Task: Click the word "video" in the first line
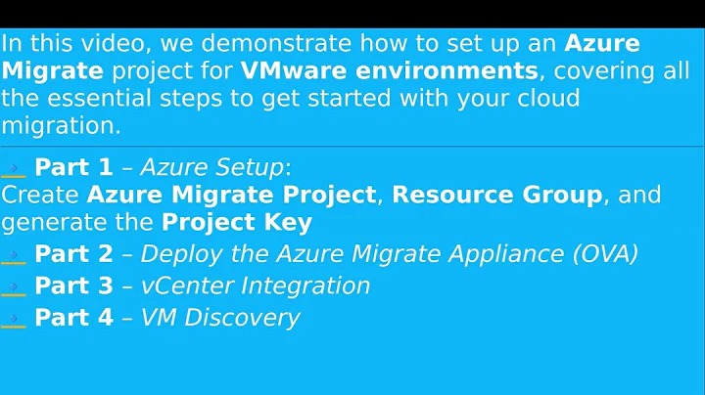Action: pyautogui.click(x=100, y=44)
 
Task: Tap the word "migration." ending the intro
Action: pyautogui.click(x=61, y=127)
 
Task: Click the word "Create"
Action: pyautogui.click(x=40, y=195)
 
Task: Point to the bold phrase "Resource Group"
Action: pyautogui.click(x=496, y=195)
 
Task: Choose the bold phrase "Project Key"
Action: pyautogui.click(x=236, y=222)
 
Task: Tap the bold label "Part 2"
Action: pyautogui.click(x=73, y=254)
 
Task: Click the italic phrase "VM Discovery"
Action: pyautogui.click(x=220, y=318)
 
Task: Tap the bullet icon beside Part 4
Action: pyautogui.click(x=14, y=319)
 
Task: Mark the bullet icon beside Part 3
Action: pyautogui.click(x=14, y=287)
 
